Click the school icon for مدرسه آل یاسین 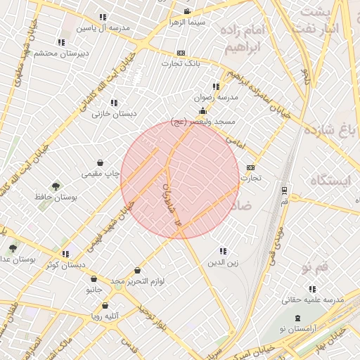click(x=103, y=16)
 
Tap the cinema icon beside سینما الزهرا click(x=186, y=11)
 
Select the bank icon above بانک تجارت click(x=181, y=53)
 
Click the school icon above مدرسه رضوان click(x=215, y=86)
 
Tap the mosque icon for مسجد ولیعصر click(x=202, y=110)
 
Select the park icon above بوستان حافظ click(x=56, y=186)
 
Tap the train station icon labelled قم click(x=283, y=190)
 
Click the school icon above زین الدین click(x=223, y=251)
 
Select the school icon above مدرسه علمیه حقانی click(x=312, y=288)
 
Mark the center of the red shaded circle click(x=180, y=180)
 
